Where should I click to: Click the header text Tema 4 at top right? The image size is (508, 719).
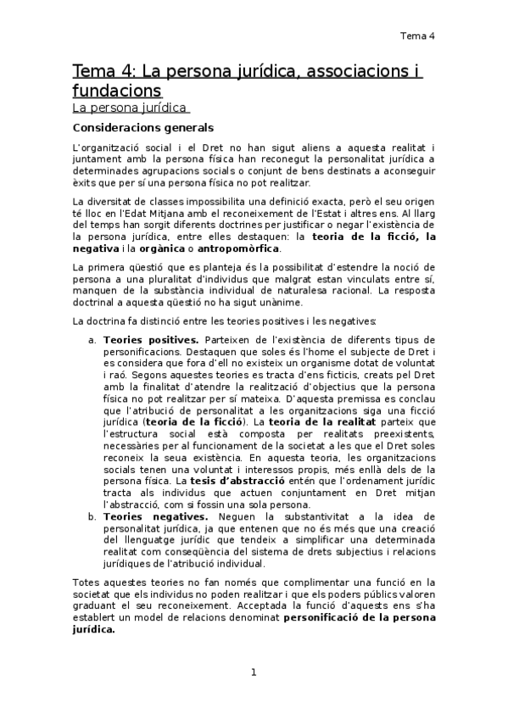(x=417, y=36)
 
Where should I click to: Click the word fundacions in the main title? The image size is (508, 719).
(x=116, y=89)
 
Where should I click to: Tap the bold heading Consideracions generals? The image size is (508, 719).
(x=142, y=129)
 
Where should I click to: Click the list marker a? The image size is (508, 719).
(x=92, y=340)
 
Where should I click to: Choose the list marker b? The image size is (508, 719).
(x=92, y=516)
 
